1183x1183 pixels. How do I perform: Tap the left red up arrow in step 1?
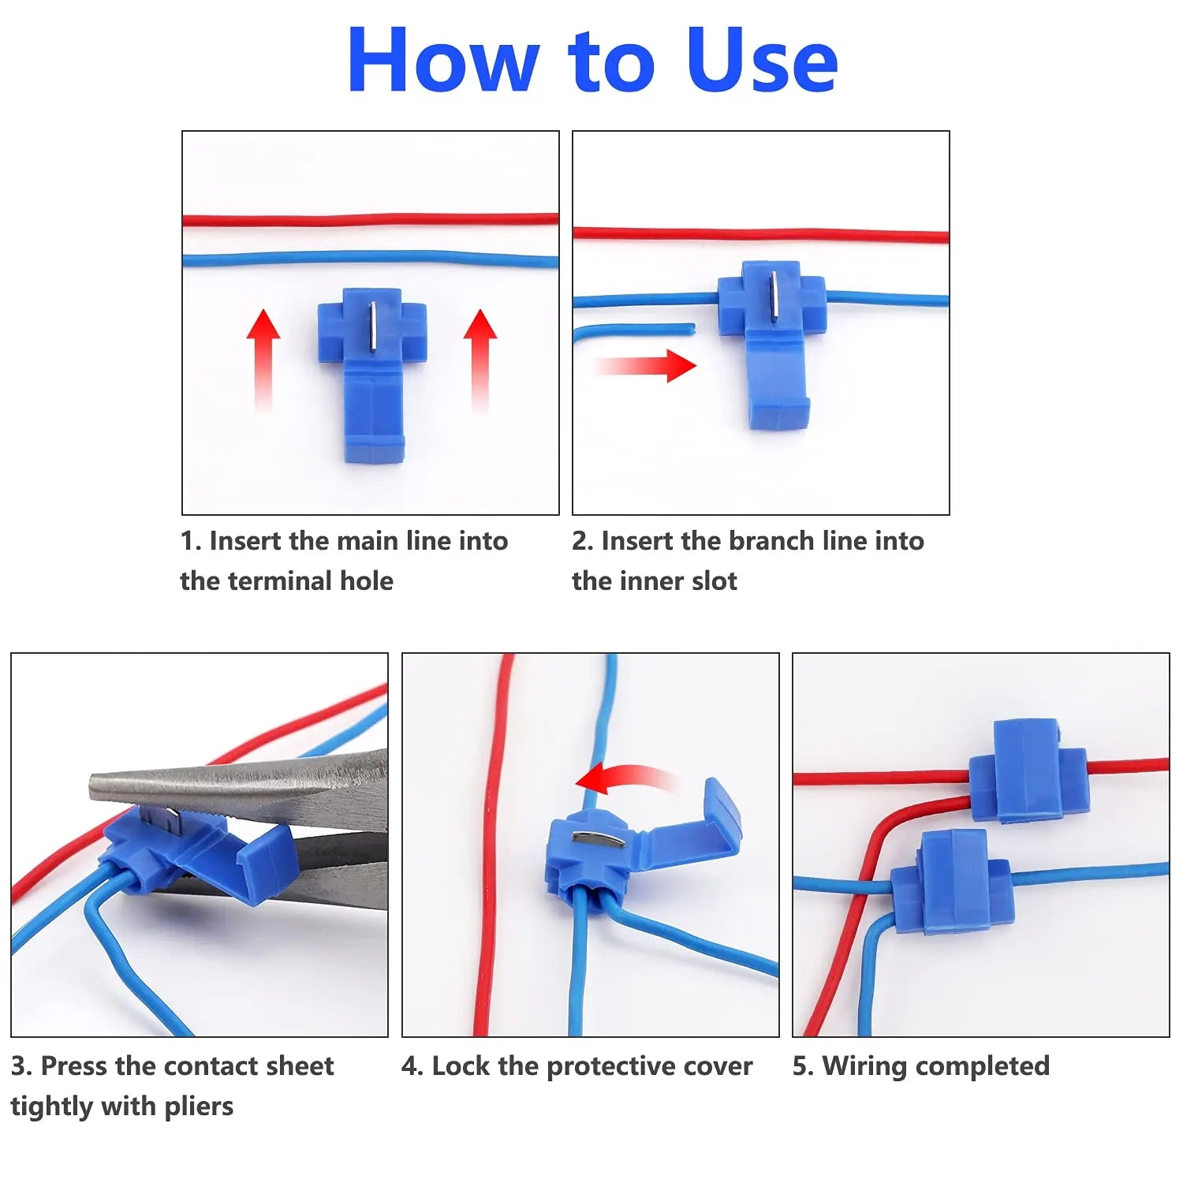click(x=263, y=355)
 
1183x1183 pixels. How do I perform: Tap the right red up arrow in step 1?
click(x=480, y=355)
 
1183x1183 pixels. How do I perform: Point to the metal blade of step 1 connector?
click(x=371, y=327)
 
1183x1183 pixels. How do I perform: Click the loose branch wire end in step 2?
click(x=686, y=327)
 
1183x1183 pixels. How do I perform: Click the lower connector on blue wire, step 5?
click(x=952, y=883)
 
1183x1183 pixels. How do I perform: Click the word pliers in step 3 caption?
click(x=199, y=1106)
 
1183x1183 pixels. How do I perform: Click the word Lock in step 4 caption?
click(x=461, y=1066)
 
